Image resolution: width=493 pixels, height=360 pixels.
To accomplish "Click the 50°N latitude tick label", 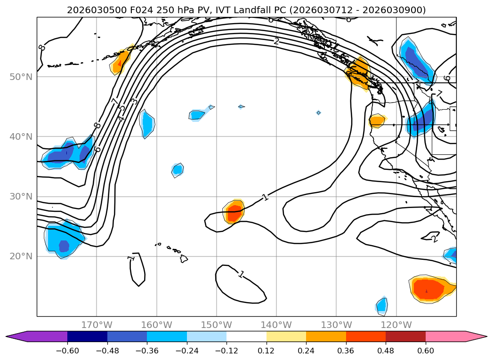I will click(x=22, y=77).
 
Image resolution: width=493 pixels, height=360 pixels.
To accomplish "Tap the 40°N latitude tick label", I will click(x=22, y=136).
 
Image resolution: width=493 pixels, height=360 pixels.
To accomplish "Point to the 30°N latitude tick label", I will click(x=22, y=196).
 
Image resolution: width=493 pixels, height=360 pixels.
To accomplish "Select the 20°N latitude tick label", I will click(x=22, y=256).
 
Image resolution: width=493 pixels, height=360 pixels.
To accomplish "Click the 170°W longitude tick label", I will click(x=97, y=325).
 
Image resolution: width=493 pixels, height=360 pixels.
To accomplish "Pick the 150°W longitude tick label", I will click(x=217, y=325).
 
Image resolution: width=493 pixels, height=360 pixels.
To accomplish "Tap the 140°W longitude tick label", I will click(x=276, y=325).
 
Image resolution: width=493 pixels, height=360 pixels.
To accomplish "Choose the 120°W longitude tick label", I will click(x=396, y=325).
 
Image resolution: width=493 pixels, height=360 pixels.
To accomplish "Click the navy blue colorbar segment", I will click(x=87, y=336).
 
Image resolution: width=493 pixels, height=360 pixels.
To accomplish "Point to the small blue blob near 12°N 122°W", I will click(x=382, y=306).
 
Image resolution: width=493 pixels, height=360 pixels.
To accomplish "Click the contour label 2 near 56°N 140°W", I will click(x=276, y=41).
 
